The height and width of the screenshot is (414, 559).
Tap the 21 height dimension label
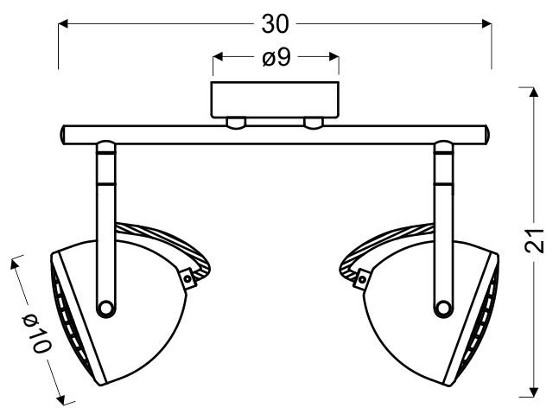tap(537, 241)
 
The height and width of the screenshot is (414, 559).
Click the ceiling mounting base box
tap(276, 99)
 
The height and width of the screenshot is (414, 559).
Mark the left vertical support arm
tap(105, 199)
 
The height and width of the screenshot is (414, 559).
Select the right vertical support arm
tap(443, 199)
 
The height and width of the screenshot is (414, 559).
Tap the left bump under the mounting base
tap(235, 123)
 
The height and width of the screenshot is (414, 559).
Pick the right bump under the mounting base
tap(314, 123)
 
